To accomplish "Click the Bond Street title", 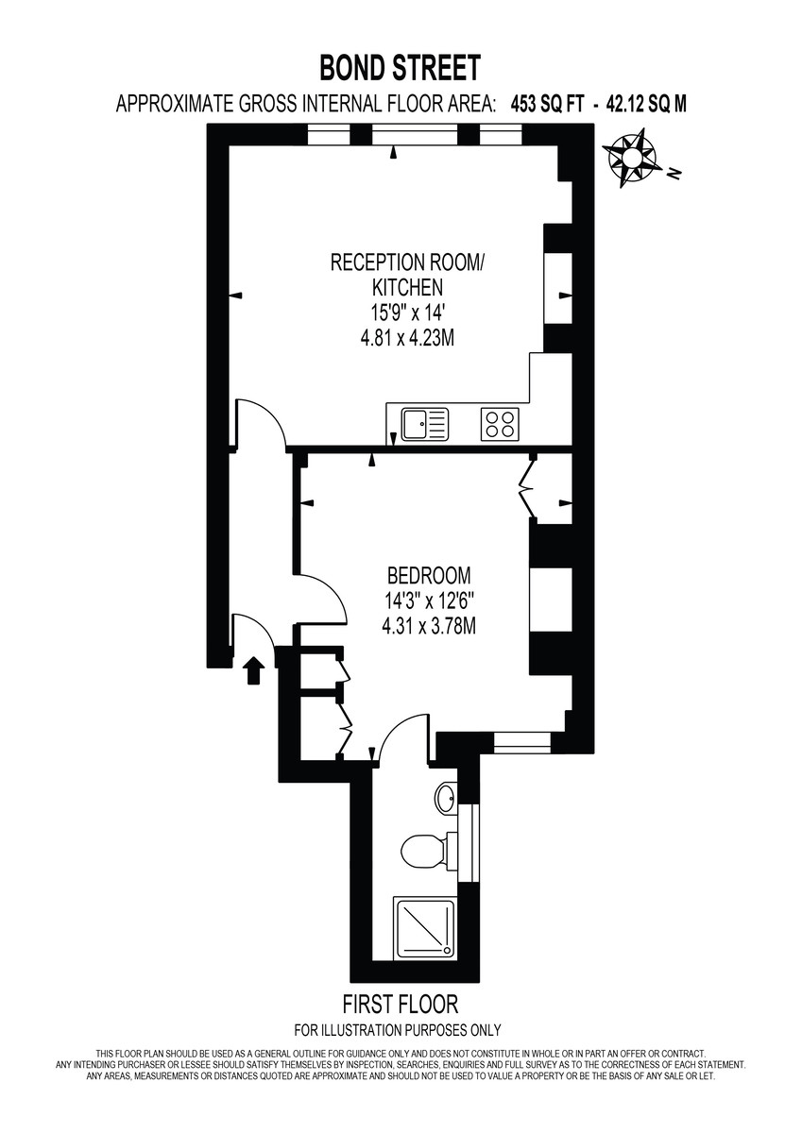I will pos(400,68).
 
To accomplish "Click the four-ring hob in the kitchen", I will pos(501,424).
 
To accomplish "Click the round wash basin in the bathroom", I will pos(447,799).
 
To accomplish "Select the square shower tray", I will pos(423,928).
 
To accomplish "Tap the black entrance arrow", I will pos(253,671).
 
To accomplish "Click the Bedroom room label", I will pos(428,575).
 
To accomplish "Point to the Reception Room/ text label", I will pos(405,262).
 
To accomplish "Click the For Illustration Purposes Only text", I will pos(398,1030).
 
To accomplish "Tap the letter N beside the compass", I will pos(674,174).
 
